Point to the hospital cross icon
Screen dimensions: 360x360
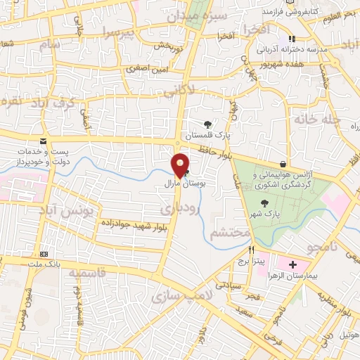point(292,265)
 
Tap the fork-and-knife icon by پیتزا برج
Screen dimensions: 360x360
point(251,250)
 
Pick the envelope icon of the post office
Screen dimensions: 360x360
point(44,142)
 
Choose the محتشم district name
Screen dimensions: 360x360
point(230,232)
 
